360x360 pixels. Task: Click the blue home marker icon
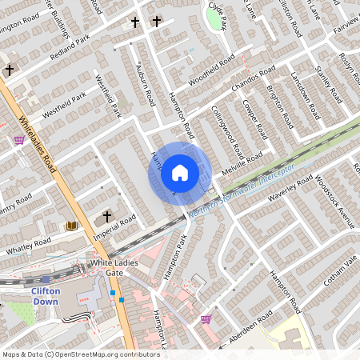tap(180, 173)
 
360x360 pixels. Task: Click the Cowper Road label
tap(254, 119)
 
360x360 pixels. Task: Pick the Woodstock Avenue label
tap(335, 201)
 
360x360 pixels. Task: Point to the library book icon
tap(72, 226)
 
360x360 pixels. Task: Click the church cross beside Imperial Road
tap(107, 217)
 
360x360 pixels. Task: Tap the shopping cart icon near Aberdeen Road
tap(206, 319)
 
